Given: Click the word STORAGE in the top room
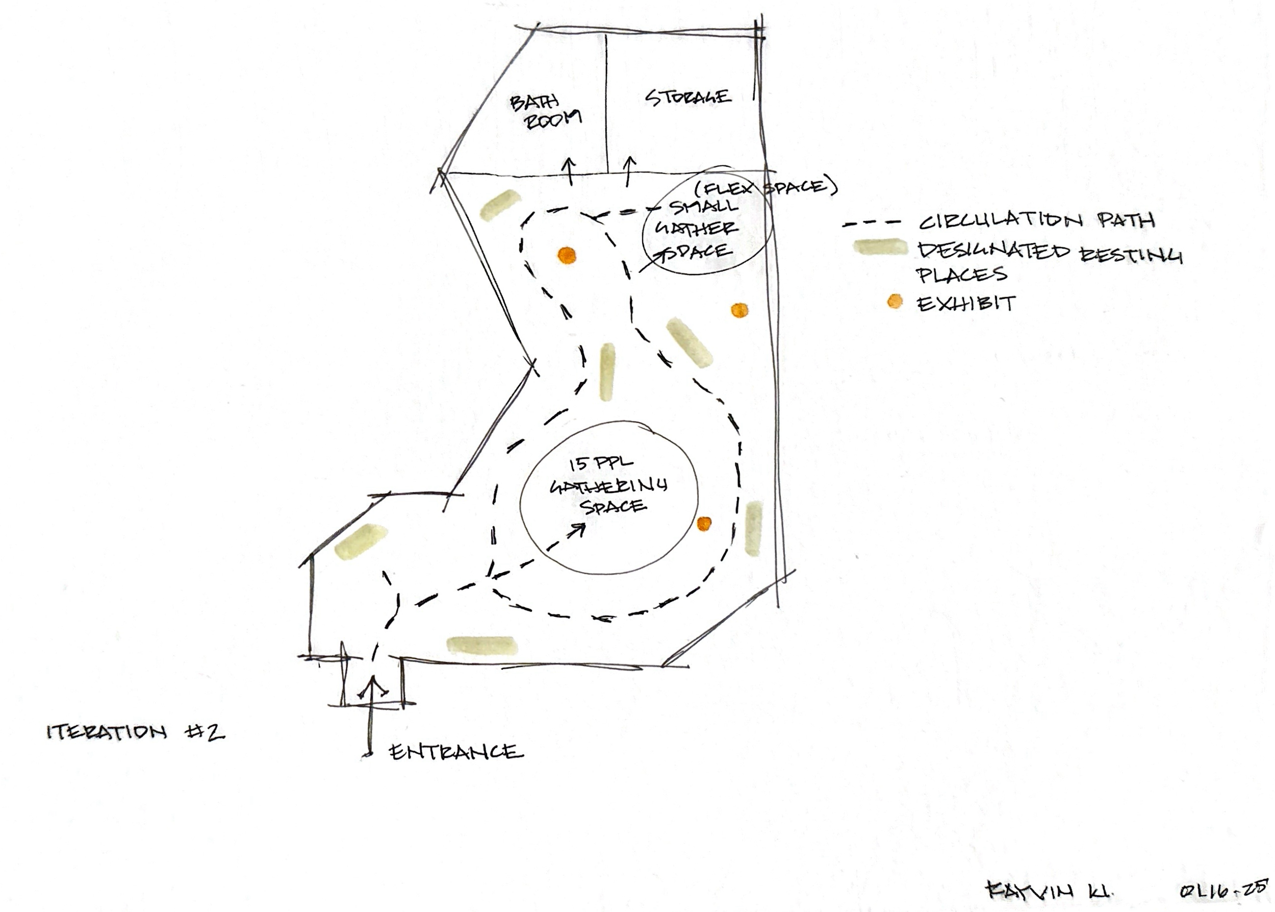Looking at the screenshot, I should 687,97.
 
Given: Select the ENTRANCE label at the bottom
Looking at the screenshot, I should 455,751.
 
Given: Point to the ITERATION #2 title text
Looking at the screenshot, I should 135,732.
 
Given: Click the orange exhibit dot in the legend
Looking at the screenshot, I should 895,302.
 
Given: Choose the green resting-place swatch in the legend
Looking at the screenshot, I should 880,247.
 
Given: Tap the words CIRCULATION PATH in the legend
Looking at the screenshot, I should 1036,220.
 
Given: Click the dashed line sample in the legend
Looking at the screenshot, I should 872,223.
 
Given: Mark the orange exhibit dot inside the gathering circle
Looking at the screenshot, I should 704,524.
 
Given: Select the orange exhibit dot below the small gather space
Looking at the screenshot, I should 739,310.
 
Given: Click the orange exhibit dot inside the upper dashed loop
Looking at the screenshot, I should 567,256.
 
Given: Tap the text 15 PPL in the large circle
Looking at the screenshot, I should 601,464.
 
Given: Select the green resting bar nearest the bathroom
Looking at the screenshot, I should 499,205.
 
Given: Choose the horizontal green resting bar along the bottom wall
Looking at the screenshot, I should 481,645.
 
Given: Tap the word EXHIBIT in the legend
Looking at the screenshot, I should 966,304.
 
